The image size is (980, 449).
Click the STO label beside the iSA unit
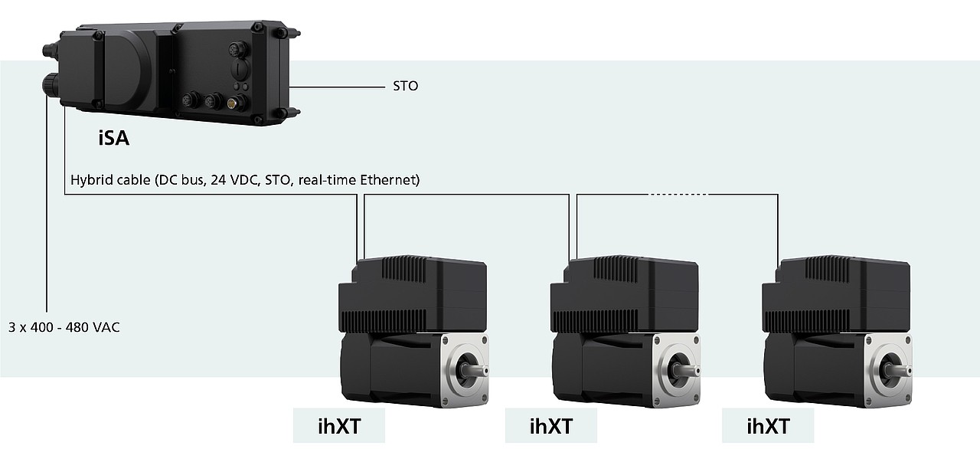click(405, 86)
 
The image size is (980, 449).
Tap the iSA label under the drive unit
click(114, 138)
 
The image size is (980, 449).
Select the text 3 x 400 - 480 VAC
click(64, 327)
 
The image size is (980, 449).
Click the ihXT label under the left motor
click(339, 426)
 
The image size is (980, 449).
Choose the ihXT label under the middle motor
click(550, 426)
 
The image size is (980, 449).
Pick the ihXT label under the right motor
click(768, 426)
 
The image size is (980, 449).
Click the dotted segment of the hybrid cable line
click(678, 195)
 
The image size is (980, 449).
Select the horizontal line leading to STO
click(337, 87)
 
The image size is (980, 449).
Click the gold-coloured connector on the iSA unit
click(231, 103)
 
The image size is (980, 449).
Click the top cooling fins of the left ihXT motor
click(403, 268)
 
